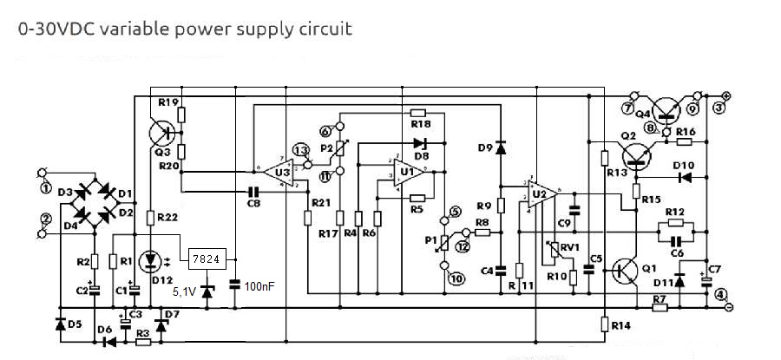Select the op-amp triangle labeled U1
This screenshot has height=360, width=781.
pyautogui.click(x=406, y=172)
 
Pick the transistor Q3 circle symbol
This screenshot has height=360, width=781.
pyautogui.click(x=162, y=132)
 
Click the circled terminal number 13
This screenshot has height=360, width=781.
pyautogui.click(x=300, y=150)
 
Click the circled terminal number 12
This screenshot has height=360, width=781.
pyautogui.click(x=462, y=247)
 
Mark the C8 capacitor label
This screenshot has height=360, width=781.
pyautogui.click(x=253, y=203)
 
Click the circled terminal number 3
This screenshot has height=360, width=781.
pyautogui.click(x=719, y=108)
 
